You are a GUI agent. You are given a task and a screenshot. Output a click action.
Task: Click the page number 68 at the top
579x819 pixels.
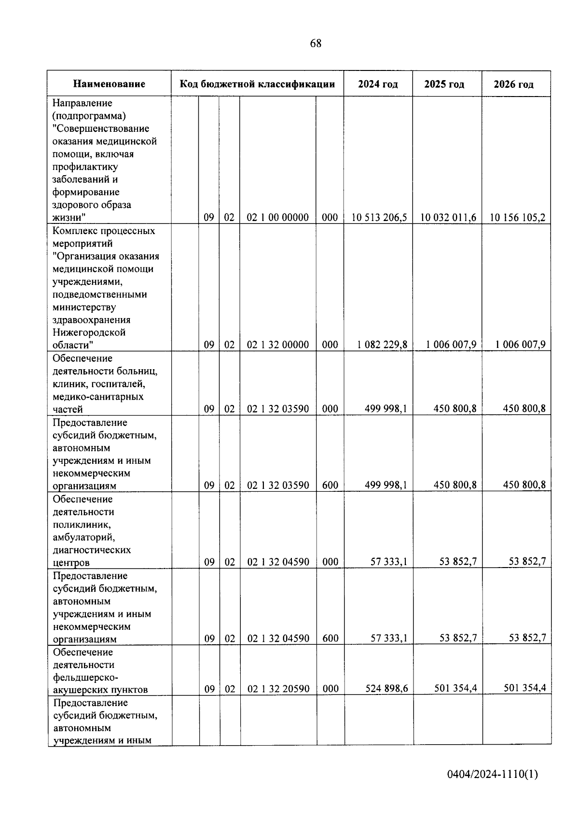(316, 43)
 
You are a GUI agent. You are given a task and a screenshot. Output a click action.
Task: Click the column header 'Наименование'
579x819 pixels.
(109, 84)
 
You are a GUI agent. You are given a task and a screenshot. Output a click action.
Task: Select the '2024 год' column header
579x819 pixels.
(378, 84)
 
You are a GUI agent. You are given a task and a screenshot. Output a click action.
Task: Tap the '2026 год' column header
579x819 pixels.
(513, 84)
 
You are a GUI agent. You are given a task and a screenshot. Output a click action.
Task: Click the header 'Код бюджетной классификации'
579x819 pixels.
(257, 84)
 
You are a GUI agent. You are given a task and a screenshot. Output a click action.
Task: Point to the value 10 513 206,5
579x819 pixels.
(379, 218)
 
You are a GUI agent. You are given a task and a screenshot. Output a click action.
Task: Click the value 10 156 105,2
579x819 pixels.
(517, 218)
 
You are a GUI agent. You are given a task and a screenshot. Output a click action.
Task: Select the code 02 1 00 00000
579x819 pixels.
(278, 218)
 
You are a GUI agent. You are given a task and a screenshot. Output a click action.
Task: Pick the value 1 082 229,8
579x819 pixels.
(382, 345)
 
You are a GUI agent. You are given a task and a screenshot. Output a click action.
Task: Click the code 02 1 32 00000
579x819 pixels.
(278, 345)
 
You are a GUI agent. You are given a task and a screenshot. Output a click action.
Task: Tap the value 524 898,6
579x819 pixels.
(386, 689)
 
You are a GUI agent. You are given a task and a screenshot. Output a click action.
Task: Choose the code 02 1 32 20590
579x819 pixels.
(278, 689)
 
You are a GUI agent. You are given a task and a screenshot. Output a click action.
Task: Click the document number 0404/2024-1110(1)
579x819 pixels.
(492, 775)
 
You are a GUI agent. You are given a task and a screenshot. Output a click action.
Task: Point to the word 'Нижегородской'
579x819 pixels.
(89, 333)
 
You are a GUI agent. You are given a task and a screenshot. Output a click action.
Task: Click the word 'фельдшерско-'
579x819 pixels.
(85, 677)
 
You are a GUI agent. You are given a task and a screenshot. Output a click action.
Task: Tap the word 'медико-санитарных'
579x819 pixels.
(98, 397)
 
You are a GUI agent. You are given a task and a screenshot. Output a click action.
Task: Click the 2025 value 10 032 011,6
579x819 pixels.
(448, 218)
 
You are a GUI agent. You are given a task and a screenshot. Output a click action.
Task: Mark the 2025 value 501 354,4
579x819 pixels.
(455, 688)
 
